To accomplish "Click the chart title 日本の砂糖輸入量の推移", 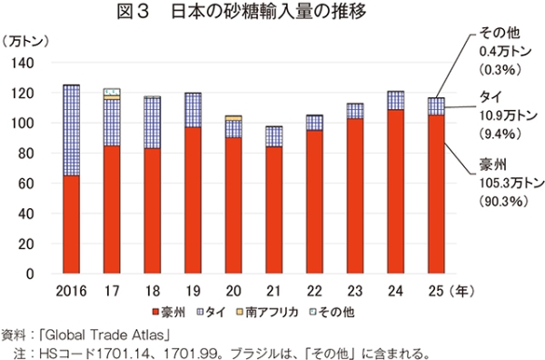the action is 269,12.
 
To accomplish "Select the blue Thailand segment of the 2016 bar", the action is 71,130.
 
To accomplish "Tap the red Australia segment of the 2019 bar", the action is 193,200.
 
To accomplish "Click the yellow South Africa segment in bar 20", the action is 233,118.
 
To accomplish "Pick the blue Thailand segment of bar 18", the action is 153,123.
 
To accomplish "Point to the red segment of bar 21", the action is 274,210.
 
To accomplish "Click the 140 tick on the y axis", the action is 23,63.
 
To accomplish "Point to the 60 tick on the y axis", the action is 26,184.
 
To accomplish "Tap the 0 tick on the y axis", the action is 30,274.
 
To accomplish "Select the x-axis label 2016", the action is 71,291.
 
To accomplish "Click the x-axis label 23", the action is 355,291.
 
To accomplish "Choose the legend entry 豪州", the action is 169,312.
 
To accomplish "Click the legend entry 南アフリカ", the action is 267,312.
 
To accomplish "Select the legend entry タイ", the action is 212,312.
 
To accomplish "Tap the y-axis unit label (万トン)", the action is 25,42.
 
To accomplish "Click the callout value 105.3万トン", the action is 511,183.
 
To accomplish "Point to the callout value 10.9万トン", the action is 509,115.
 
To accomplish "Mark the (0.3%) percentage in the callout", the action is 500,70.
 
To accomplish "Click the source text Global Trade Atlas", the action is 104,335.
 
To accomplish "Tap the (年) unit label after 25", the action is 461,291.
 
